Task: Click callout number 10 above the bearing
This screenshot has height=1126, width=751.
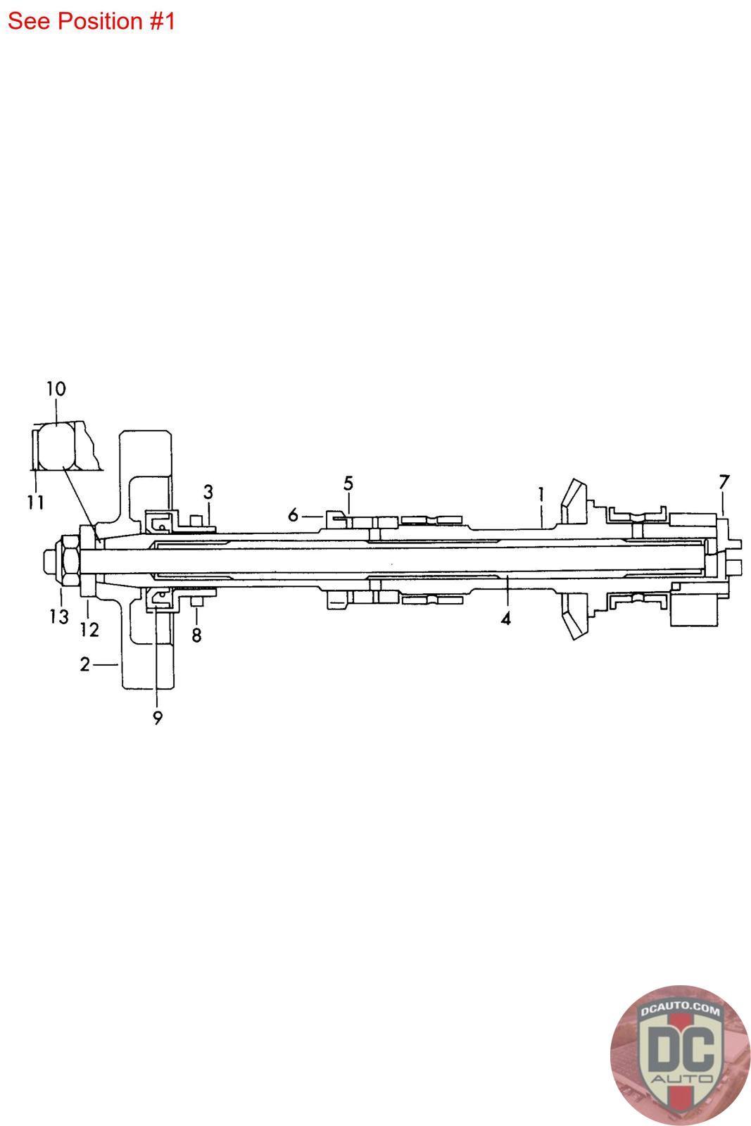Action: pyautogui.click(x=56, y=388)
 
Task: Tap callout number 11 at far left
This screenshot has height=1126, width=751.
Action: pyautogui.click(x=36, y=502)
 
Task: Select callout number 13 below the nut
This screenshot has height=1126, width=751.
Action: pyautogui.click(x=59, y=616)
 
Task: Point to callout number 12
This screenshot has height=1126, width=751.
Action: pyautogui.click(x=89, y=629)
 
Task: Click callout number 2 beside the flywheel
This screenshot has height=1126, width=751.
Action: pyautogui.click(x=85, y=664)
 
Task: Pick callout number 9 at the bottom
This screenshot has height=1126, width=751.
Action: pyautogui.click(x=158, y=718)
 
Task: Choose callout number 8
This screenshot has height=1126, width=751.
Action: pyautogui.click(x=196, y=635)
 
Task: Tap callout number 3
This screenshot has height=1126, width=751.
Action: pyautogui.click(x=208, y=492)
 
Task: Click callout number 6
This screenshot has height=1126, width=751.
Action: pyautogui.click(x=293, y=514)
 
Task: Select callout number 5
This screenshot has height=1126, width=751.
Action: pyautogui.click(x=348, y=483)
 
